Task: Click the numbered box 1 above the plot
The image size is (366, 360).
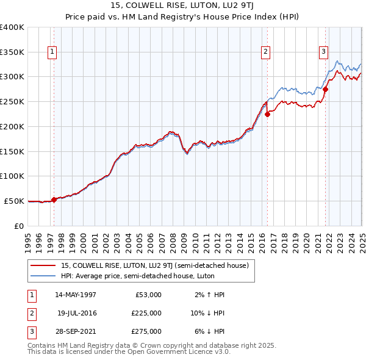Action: point(53,52)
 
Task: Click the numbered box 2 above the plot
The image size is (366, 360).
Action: point(267,52)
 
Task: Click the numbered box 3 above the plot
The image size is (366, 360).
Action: point(323,52)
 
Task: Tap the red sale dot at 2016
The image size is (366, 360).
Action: point(268,114)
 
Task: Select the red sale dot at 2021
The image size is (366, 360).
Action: point(326,89)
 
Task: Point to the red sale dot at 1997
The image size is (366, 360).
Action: point(54,199)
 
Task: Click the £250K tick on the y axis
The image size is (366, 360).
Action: point(12,101)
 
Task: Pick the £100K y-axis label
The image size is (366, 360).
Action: point(12,176)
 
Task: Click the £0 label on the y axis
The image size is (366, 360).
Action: point(18,225)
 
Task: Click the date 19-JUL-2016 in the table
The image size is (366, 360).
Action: point(77,313)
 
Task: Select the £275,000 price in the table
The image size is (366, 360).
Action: point(146,331)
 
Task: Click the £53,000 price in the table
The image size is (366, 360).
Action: point(148,295)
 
